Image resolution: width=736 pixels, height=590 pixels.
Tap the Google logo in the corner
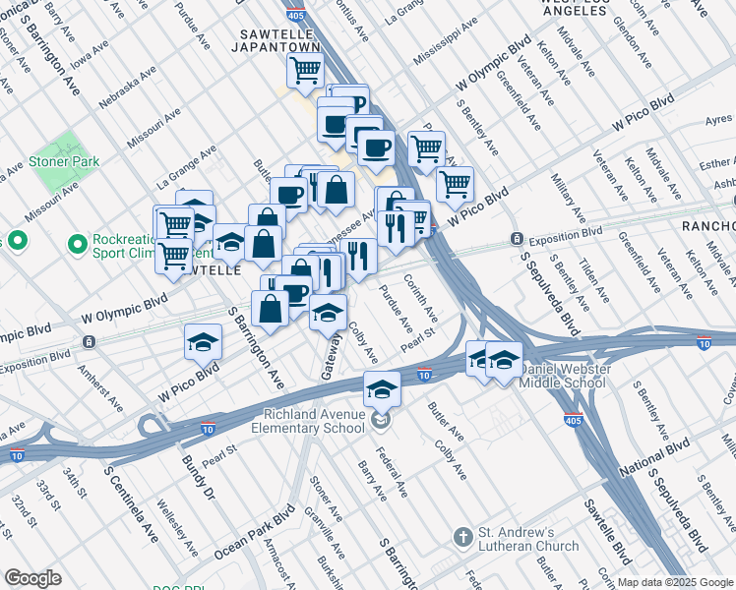tap(33, 578)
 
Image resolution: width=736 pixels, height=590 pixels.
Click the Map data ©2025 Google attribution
tap(674, 582)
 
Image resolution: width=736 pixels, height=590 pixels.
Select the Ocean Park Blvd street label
tap(254, 535)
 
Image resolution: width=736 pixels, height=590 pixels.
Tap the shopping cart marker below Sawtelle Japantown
tap(305, 70)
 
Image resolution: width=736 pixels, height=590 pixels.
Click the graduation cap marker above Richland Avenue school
tap(382, 387)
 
